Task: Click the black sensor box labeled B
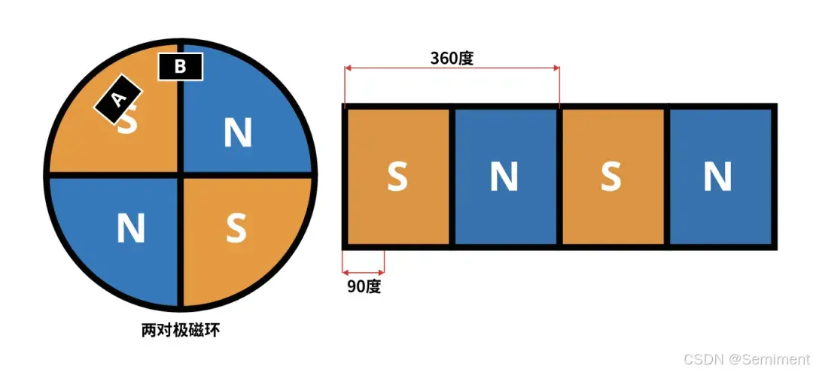180,67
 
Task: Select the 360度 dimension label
452,58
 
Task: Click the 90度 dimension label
364,286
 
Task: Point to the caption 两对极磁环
180,330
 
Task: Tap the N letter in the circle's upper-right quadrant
238,133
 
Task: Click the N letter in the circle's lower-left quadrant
131,228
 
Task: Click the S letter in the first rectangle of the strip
397,177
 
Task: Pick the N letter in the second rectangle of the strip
504,177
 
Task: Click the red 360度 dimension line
452,68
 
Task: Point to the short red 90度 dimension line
364,272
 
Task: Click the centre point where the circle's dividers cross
180,175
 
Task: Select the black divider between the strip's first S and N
451,177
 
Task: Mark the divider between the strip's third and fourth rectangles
665,177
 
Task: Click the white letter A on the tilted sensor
117,98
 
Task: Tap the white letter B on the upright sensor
180,67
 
